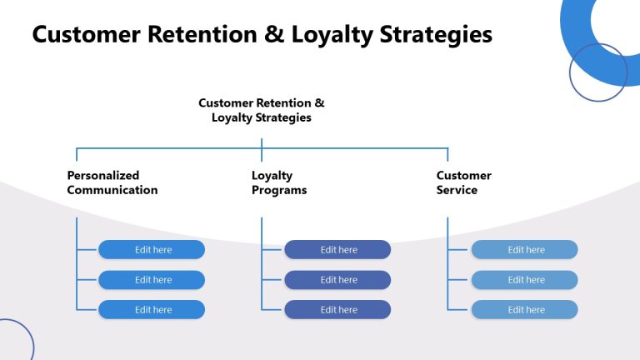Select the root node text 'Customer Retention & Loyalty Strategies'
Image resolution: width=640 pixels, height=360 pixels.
pos(262,110)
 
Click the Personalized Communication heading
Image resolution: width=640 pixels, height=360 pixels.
pos(112,182)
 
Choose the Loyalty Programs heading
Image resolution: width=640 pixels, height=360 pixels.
pos(279,182)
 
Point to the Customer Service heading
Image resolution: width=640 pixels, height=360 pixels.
pos(463,182)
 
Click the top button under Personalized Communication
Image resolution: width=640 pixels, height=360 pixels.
pos(152,250)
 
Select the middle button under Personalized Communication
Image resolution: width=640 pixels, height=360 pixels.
pos(152,280)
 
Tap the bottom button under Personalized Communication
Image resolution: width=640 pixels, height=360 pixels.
pos(152,310)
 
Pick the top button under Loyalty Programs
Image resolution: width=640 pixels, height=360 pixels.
pos(337,250)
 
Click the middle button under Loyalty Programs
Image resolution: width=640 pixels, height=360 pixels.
pos(337,280)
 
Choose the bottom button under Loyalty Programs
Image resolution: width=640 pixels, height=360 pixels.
pos(337,310)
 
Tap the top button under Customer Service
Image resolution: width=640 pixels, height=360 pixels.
pos(524,250)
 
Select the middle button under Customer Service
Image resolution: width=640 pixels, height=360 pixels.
pos(524,280)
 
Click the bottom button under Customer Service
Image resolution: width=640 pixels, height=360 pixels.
pos(524,310)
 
